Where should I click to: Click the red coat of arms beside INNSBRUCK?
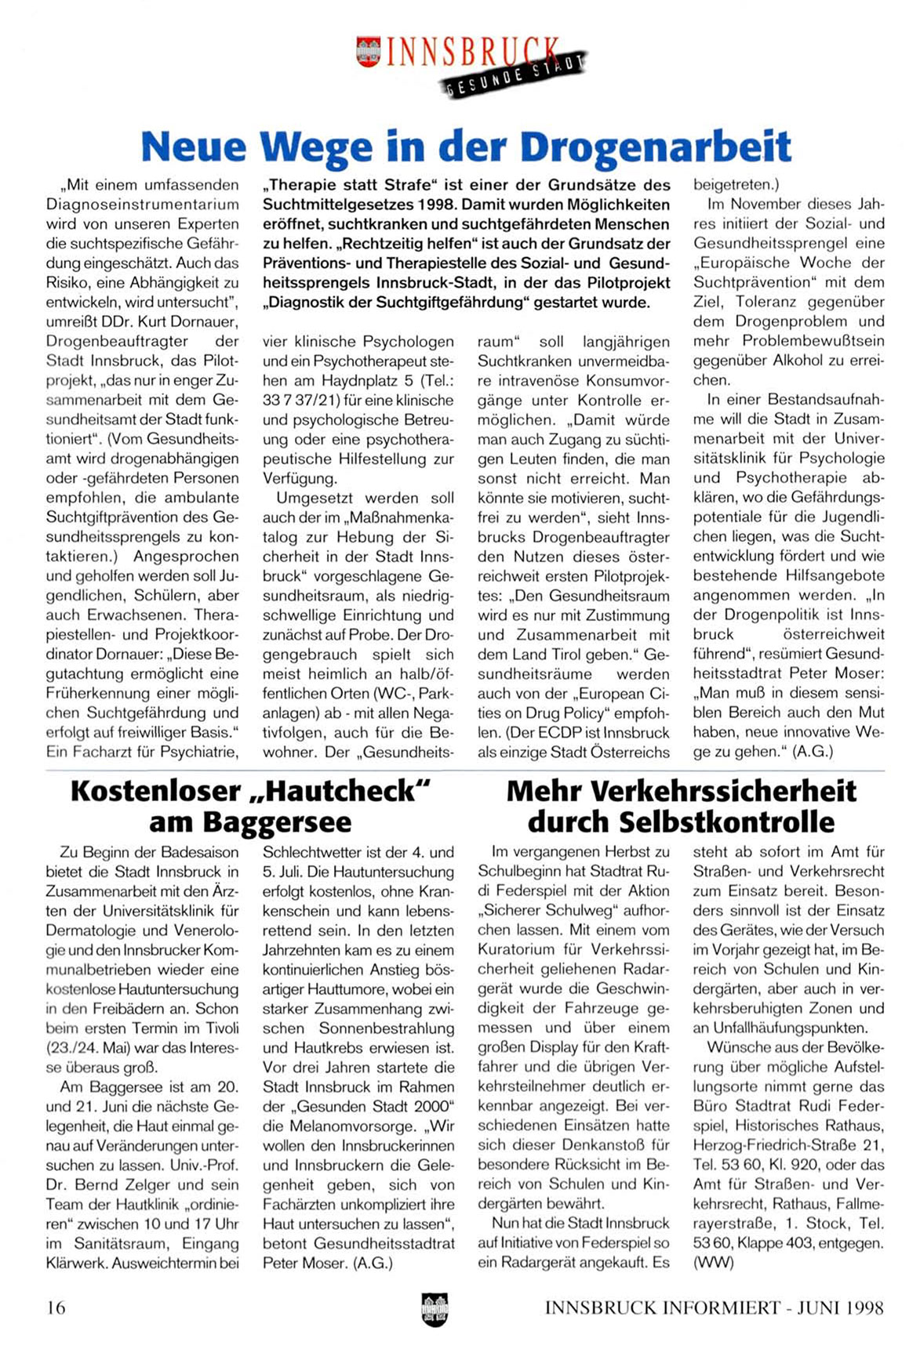pos(368,52)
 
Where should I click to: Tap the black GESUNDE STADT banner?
pos(517,76)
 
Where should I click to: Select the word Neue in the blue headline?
pos(193,146)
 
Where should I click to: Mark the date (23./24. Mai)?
pos(90,1047)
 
